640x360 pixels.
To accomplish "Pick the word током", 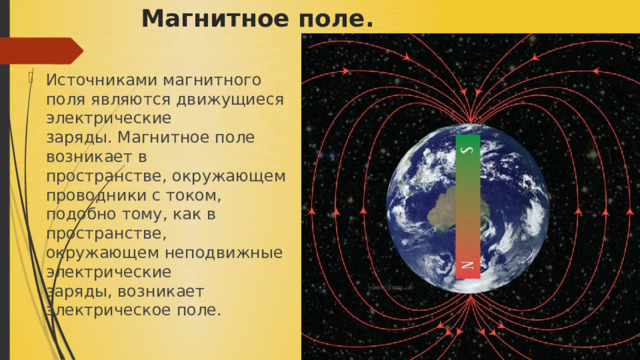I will tap(191, 194).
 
